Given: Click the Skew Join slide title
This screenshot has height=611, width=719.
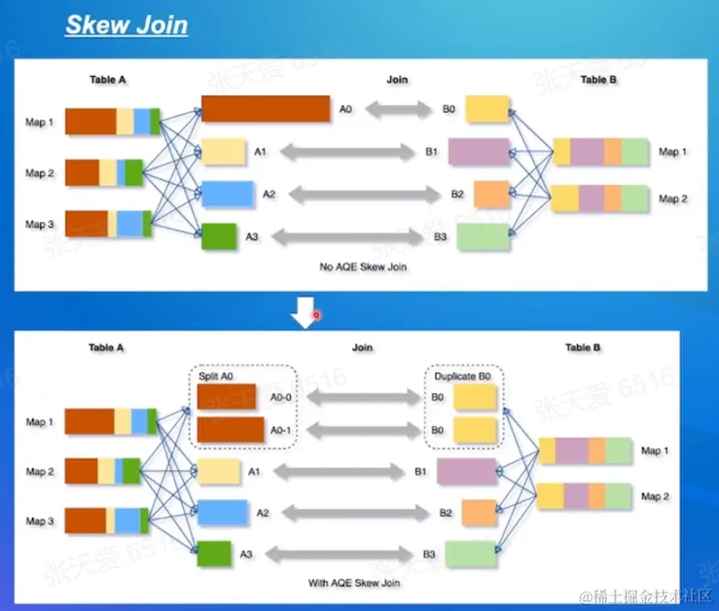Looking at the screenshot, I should [x=126, y=24].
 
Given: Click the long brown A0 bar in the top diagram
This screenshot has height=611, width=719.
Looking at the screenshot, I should [x=265, y=109].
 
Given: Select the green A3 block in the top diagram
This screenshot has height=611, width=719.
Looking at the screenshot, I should [x=219, y=236].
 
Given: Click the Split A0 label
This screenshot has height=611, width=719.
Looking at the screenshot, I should [x=217, y=376].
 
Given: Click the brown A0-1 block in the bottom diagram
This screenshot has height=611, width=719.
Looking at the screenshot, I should [x=231, y=429].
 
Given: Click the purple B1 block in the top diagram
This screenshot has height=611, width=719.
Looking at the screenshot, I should [x=479, y=152].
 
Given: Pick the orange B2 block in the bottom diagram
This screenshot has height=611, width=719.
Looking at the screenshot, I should [x=480, y=512].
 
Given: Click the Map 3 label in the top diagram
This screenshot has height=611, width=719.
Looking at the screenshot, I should [x=40, y=224].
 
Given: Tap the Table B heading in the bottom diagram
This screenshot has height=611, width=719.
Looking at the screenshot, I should [x=583, y=346].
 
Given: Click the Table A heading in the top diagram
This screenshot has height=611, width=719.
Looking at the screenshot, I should [x=107, y=80].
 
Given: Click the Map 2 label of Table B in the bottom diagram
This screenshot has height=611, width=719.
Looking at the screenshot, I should [x=655, y=496].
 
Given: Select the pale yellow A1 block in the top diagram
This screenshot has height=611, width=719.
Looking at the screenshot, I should [x=222, y=152].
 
